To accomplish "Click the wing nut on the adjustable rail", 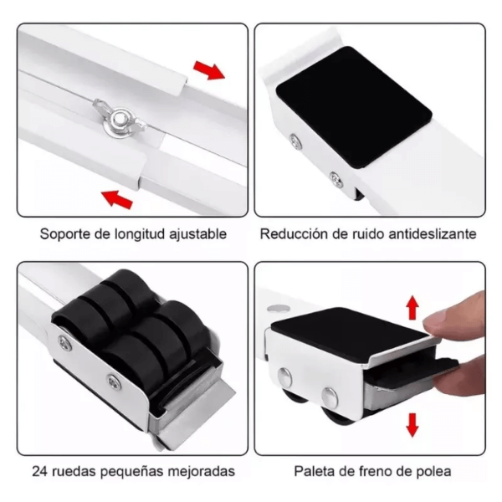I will point(118,116).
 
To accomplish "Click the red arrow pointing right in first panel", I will point(209,69).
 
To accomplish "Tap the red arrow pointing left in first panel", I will point(116,197).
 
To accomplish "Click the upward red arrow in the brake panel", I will point(412,307).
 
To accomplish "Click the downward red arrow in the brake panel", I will point(412,424).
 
